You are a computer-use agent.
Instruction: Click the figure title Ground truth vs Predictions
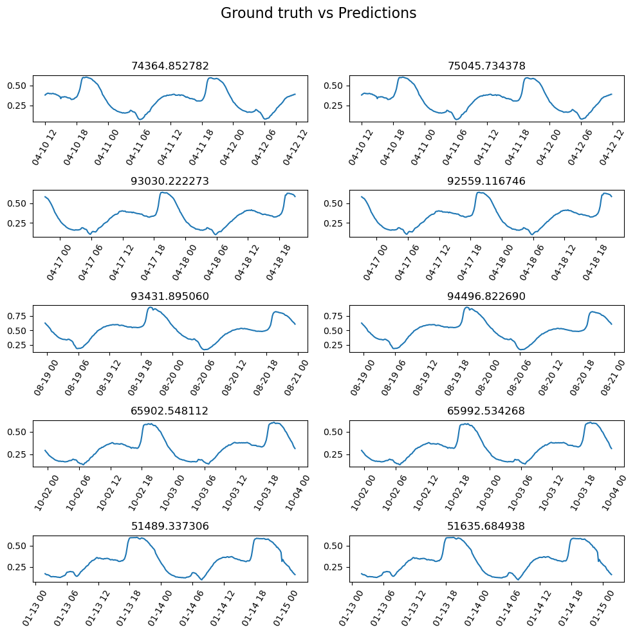318,14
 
